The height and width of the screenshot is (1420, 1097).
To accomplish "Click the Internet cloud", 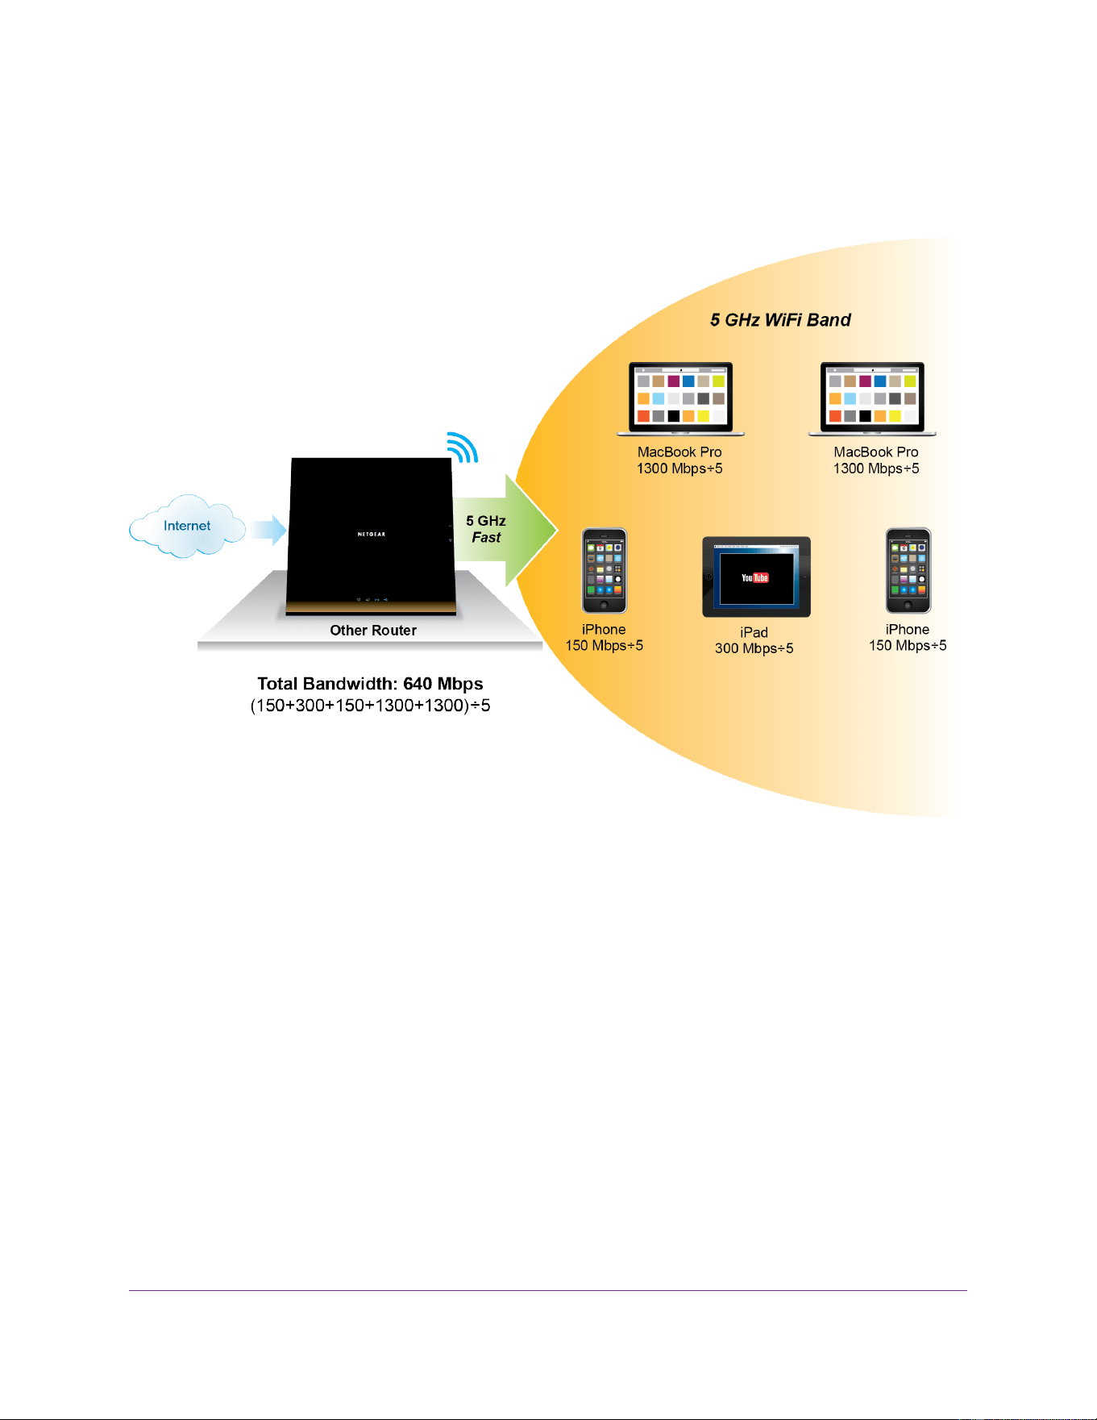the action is click(187, 526).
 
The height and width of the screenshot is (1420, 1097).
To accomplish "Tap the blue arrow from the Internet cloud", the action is click(268, 530).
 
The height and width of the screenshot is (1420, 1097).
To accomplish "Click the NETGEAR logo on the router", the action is click(372, 534).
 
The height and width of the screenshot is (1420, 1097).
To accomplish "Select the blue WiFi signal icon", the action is click(463, 447).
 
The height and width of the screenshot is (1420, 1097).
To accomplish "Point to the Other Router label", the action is click(373, 631).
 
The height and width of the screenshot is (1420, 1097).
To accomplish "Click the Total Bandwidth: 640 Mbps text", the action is click(370, 684).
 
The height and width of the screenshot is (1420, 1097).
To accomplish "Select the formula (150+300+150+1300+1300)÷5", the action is click(370, 706).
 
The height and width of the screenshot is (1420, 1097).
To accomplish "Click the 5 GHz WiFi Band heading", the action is click(780, 320).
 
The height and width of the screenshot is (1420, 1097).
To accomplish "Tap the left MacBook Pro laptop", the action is click(681, 399).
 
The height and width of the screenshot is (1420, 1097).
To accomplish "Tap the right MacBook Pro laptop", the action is click(872, 399).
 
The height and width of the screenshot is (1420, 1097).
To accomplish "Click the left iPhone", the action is click(605, 571).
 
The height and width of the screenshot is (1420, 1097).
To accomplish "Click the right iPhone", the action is click(908, 571).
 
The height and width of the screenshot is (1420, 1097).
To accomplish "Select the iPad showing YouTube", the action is click(756, 577).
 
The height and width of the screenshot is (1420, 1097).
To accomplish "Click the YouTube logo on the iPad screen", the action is click(755, 577).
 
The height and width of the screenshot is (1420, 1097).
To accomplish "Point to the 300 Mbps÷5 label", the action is click(754, 648).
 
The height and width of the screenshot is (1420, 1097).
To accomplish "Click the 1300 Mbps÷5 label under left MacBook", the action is click(679, 468).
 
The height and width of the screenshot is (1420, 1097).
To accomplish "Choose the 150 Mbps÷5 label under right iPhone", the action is click(908, 645).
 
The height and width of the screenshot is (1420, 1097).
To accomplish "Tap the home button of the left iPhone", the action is click(605, 605).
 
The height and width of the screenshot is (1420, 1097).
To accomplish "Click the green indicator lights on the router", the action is click(372, 600).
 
